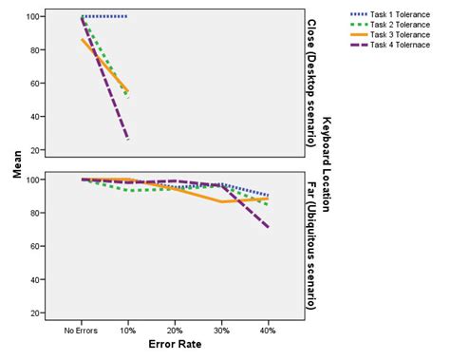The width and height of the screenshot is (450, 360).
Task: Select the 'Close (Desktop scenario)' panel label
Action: (x=310, y=84)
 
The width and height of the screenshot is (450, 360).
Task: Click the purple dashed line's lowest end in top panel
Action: (x=128, y=140)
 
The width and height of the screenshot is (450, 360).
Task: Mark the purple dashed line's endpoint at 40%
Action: (x=268, y=227)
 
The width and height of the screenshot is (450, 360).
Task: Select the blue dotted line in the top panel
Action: (x=105, y=17)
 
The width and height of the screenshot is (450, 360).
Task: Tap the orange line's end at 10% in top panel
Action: (x=128, y=91)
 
